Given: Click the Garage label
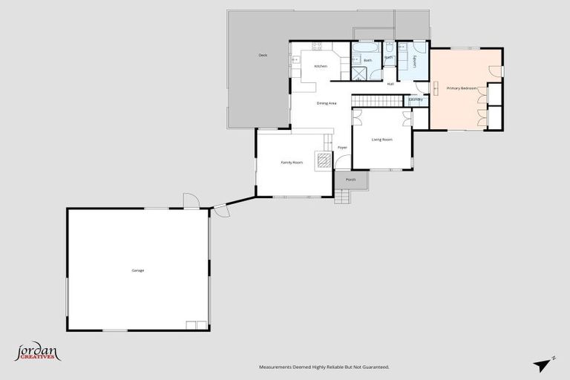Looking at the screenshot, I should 138,270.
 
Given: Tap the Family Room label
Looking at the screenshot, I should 291,162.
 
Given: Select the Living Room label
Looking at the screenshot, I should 381,140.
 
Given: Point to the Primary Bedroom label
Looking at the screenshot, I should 461,88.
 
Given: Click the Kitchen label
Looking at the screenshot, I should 321,67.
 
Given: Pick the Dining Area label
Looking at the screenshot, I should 327,103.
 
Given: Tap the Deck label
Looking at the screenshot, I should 263,56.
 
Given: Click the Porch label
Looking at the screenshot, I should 351,180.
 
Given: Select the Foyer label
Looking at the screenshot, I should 342,148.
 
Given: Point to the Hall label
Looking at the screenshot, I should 390,84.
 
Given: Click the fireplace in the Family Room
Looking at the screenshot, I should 324,160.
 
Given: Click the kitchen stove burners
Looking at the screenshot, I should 318,47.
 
